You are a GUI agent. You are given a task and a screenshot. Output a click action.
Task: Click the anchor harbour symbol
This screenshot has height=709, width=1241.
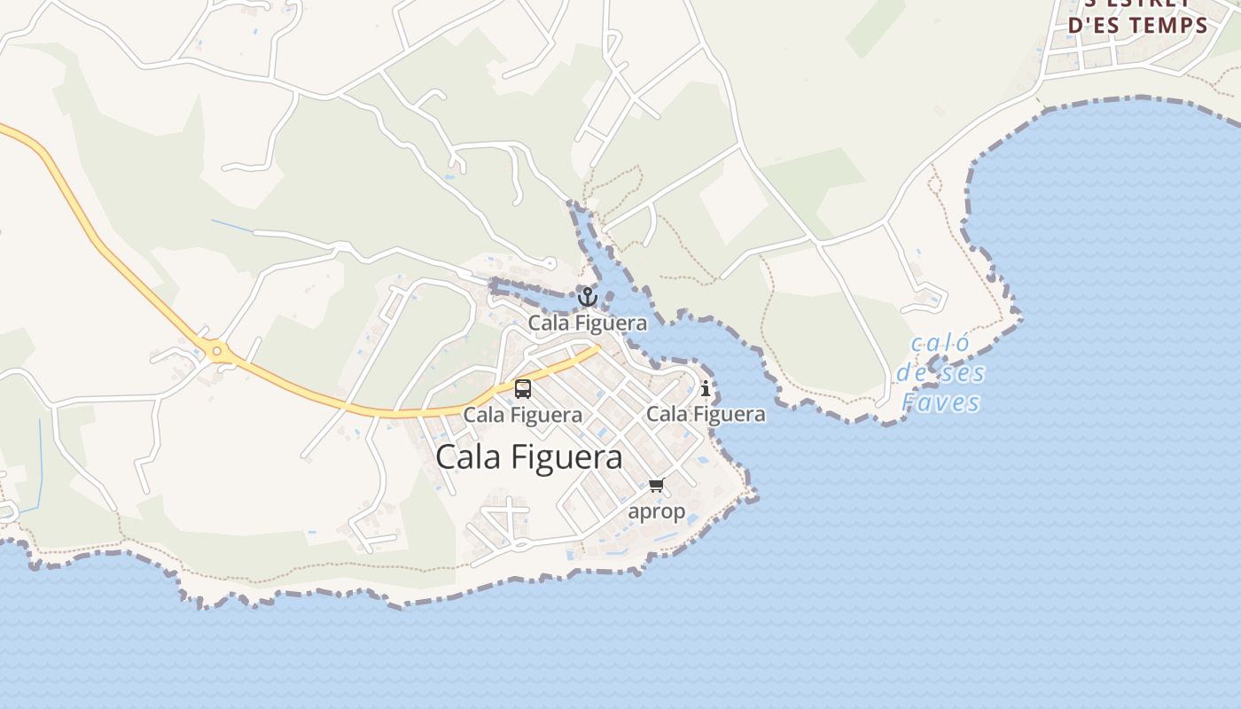588,296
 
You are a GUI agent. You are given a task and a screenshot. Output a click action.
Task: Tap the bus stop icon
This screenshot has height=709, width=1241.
523,388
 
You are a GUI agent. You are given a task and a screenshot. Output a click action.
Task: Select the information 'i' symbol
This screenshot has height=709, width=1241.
706,388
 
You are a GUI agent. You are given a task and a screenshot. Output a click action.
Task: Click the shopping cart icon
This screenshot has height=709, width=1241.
656,485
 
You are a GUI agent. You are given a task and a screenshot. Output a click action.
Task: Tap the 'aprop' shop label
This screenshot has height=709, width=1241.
656,511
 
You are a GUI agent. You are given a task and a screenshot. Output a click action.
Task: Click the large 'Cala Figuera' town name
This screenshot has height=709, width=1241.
529,457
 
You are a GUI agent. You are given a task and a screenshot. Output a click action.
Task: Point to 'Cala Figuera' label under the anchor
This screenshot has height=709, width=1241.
588,323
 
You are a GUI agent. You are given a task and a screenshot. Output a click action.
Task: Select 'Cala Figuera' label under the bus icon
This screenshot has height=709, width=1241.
523,414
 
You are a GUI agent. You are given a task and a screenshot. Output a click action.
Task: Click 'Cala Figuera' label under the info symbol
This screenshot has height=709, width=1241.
706,414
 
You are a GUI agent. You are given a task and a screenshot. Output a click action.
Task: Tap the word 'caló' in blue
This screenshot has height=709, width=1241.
941,344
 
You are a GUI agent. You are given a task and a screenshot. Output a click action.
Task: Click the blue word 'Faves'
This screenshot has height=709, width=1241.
941,403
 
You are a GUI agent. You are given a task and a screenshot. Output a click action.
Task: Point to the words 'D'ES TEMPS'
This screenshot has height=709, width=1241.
1138,25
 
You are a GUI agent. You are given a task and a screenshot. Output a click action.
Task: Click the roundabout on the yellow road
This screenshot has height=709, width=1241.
217,352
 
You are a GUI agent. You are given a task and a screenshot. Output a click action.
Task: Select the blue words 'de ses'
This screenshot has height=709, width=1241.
941,373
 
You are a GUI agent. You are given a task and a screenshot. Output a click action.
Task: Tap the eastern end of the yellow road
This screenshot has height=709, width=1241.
597,348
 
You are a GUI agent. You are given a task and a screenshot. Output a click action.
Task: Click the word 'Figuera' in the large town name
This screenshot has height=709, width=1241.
569,457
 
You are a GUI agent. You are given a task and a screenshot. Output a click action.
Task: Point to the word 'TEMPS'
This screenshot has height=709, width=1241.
1168,25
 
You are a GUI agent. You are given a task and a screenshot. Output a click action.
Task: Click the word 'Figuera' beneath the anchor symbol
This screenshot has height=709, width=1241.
608,323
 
